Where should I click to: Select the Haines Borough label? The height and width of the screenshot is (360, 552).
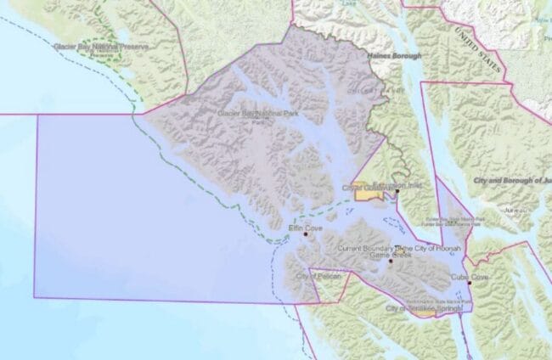[393, 55]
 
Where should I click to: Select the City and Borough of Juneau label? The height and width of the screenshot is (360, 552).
[508, 181]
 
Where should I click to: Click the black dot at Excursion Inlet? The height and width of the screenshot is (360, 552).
[397, 192]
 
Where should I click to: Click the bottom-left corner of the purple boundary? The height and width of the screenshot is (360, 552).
[35, 297]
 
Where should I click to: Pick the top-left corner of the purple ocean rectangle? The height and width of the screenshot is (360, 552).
[37, 114]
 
